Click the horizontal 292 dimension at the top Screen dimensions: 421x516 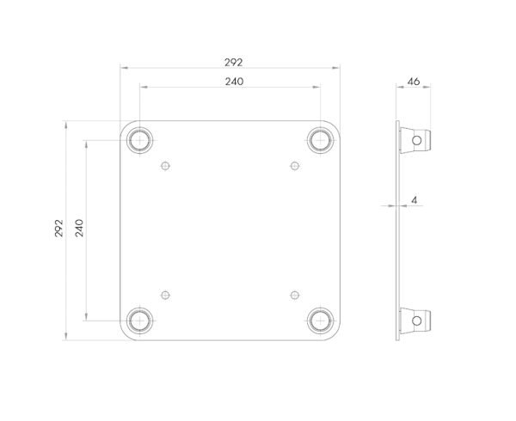pyautogui.click(x=233, y=61)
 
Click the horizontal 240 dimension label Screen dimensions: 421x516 pyautogui.click(x=233, y=82)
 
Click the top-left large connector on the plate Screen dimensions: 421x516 pyautogui.click(x=138, y=139)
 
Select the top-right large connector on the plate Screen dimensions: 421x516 pyautogui.click(x=320, y=139)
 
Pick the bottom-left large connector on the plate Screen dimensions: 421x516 pyautogui.click(x=138, y=320)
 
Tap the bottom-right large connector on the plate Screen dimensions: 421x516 pyautogui.click(x=320, y=320)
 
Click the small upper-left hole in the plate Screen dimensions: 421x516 pyautogui.click(x=166, y=165)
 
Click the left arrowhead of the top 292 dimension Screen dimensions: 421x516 pyautogui.click(x=123, y=67)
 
